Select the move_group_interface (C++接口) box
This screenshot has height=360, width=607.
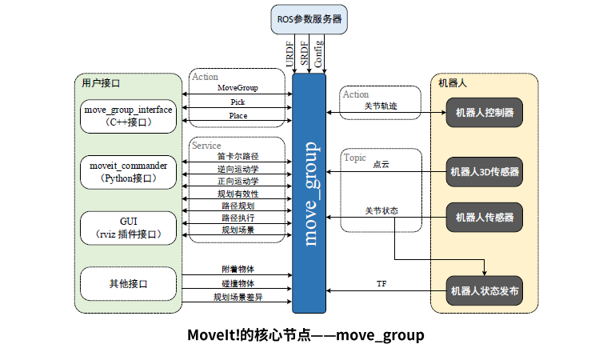point(128,115)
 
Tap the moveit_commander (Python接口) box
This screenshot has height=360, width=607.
point(128,171)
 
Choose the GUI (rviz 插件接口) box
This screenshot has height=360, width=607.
point(128,227)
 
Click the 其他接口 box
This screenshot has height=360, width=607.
point(128,283)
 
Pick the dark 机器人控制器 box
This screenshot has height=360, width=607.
point(484,112)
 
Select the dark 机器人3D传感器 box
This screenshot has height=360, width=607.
point(484,171)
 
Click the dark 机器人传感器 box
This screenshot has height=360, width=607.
point(484,217)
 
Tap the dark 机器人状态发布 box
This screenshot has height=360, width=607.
point(484,291)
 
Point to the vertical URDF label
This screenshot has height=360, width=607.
point(289,54)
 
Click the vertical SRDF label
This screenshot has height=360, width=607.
point(304,54)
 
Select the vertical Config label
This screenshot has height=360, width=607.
point(319,54)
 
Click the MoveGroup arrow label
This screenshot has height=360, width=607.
point(238,87)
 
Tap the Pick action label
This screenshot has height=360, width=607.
point(238,102)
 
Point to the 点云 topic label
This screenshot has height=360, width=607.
point(381,164)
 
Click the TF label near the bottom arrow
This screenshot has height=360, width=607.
point(381,284)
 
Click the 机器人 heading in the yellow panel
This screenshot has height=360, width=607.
point(453,82)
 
